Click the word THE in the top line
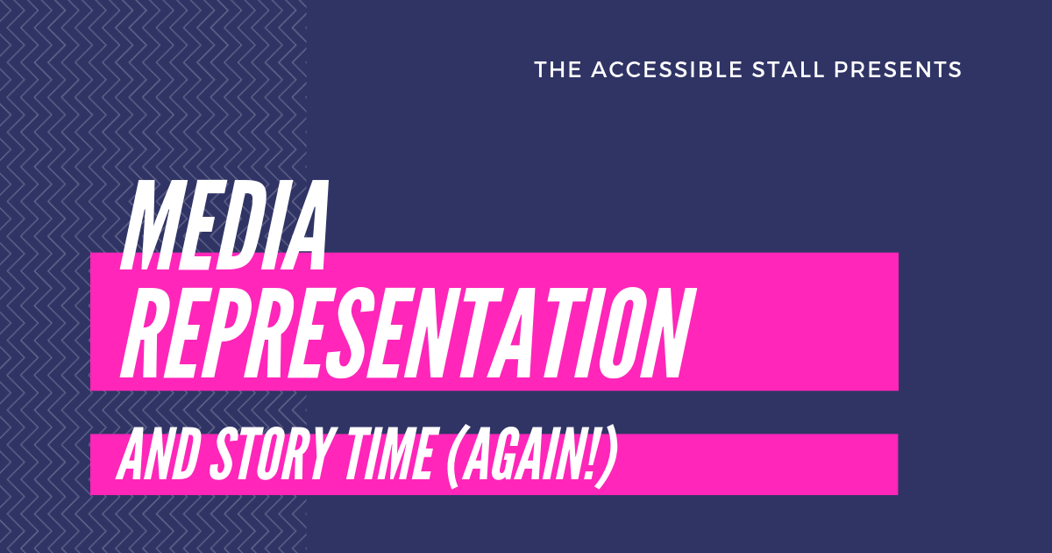(558, 69)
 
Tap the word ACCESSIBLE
(667, 69)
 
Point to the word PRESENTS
(898, 69)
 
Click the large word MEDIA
(224, 226)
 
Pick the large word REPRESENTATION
(408, 334)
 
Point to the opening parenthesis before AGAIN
(454, 457)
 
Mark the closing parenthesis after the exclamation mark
(607, 457)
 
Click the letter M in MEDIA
(149, 226)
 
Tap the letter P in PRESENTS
(841, 69)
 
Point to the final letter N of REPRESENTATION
(672, 334)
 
